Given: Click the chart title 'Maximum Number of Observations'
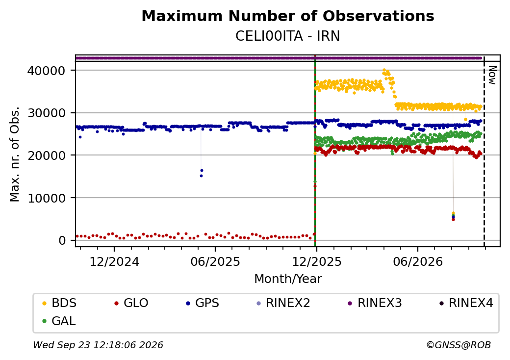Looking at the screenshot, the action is click(x=288, y=16).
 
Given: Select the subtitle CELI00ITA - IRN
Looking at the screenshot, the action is click(x=288, y=36).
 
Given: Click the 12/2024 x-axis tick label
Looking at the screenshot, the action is click(x=114, y=261).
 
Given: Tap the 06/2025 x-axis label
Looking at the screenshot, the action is click(x=215, y=261).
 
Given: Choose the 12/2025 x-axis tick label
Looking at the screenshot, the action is click(x=317, y=261).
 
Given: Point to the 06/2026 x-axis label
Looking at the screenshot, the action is click(x=418, y=261).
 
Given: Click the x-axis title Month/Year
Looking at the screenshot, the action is click(x=288, y=279).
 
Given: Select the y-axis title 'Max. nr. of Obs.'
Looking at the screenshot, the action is click(x=15, y=154).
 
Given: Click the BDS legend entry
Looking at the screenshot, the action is click(x=59, y=303).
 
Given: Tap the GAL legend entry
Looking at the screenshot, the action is click(x=59, y=321).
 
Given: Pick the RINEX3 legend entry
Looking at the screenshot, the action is click(x=375, y=303).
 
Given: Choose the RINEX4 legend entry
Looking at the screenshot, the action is click(x=466, y=303).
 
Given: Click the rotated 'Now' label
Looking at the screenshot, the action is click(x=493, y=75).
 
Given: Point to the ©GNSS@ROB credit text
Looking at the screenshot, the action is click(x=459, y=345).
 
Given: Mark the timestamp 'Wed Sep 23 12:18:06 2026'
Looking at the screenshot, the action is click(x=98, y=345).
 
